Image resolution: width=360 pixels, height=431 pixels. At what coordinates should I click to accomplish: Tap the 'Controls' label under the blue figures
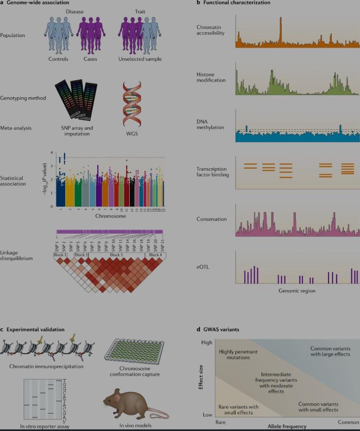(x=58, y=59)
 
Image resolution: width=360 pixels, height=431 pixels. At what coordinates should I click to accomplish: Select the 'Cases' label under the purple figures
(x=90, y=59)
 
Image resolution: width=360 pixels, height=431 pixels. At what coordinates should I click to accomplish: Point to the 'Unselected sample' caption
(x=140, y=59)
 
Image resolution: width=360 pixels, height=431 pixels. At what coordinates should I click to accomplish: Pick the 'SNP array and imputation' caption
(x=77, y=131)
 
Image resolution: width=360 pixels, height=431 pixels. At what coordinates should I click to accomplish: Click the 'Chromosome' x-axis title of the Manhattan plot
(x=110, y=216)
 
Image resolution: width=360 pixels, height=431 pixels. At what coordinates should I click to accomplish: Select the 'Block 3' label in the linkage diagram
(x=116, y=255)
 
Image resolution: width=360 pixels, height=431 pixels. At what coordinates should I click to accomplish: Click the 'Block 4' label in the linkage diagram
(x=155, y=255)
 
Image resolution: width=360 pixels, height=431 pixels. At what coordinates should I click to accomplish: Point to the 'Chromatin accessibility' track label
(x=211, y=30)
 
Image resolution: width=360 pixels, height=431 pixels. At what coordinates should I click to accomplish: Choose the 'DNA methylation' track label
(x=211, y=125)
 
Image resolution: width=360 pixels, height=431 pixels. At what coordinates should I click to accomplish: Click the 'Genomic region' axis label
(x=297, y=291)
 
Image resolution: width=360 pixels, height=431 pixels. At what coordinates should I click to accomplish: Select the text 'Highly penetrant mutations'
(x=238, y=354)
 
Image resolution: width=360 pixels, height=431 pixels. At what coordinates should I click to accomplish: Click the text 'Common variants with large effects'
(x=330, y=351)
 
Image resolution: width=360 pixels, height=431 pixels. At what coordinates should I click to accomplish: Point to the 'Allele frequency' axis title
(x=287, y=426)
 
